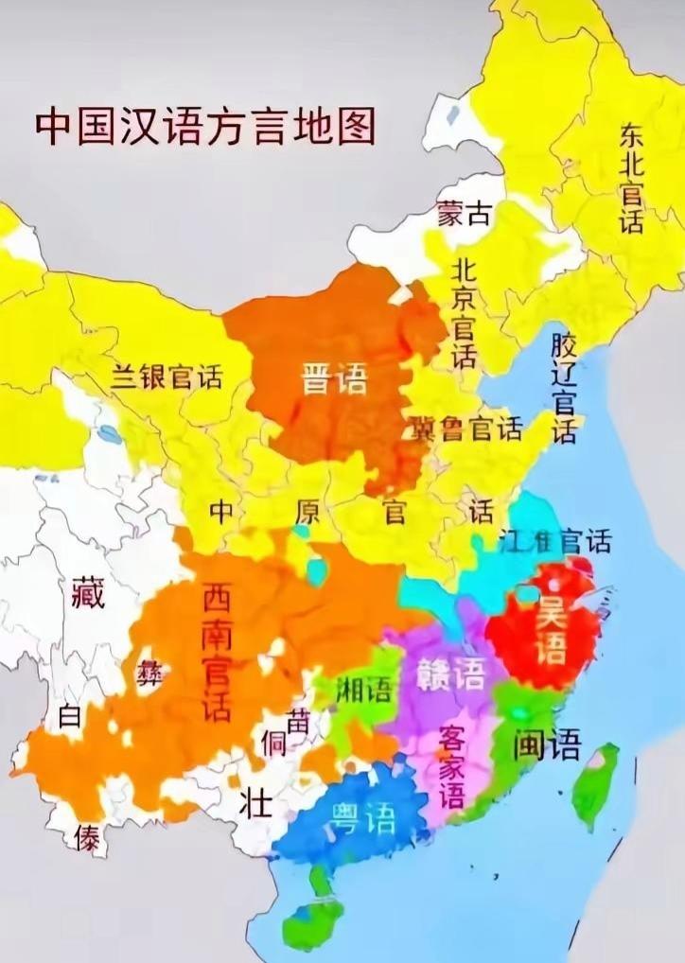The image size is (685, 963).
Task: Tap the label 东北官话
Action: [631, 179]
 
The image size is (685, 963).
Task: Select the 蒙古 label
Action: [464, 215]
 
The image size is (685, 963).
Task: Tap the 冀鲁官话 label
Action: [465, 429]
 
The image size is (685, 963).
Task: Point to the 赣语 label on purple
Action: [450, 674]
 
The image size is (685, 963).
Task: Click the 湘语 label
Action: [364, 689]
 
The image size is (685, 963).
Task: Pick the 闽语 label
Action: [547, 745]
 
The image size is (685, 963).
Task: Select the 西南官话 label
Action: [217, 653]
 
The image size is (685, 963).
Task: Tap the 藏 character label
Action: [88, 591]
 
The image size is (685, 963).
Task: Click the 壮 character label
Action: [255, 805]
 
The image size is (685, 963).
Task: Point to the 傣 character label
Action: [88, 838]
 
